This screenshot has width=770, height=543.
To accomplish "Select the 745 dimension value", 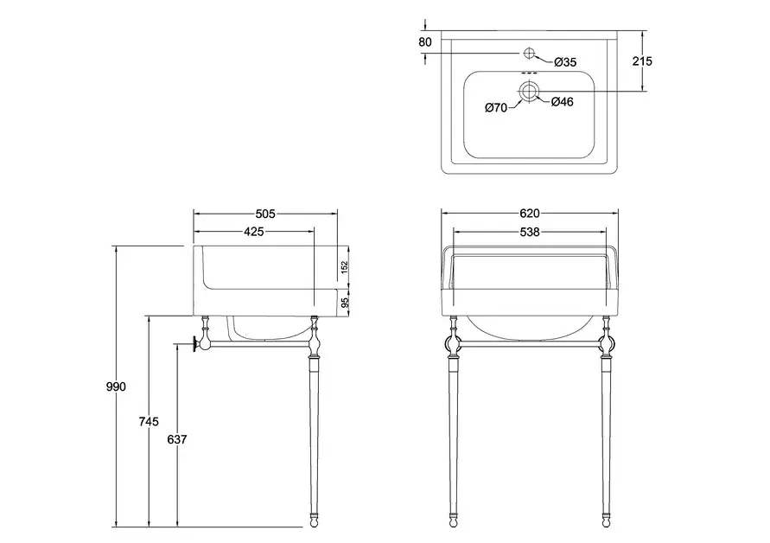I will (148, 422).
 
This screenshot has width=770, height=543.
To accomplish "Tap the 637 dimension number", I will (176, 439).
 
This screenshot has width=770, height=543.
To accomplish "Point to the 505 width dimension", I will (264, 214).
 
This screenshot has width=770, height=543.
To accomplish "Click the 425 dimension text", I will (253, 232).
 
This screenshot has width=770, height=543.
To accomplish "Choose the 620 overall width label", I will (529, 214).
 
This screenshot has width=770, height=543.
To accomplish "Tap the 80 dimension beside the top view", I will (424, 42).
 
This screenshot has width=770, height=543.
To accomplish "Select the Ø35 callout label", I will (564, 61).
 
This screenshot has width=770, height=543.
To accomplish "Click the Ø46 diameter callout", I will (563, 102).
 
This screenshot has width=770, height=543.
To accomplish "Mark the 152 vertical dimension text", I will (344, 269).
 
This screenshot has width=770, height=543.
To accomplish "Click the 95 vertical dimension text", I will (344, 303).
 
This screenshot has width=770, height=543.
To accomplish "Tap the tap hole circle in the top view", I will (530, 54).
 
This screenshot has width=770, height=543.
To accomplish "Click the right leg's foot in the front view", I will (605, 521).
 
